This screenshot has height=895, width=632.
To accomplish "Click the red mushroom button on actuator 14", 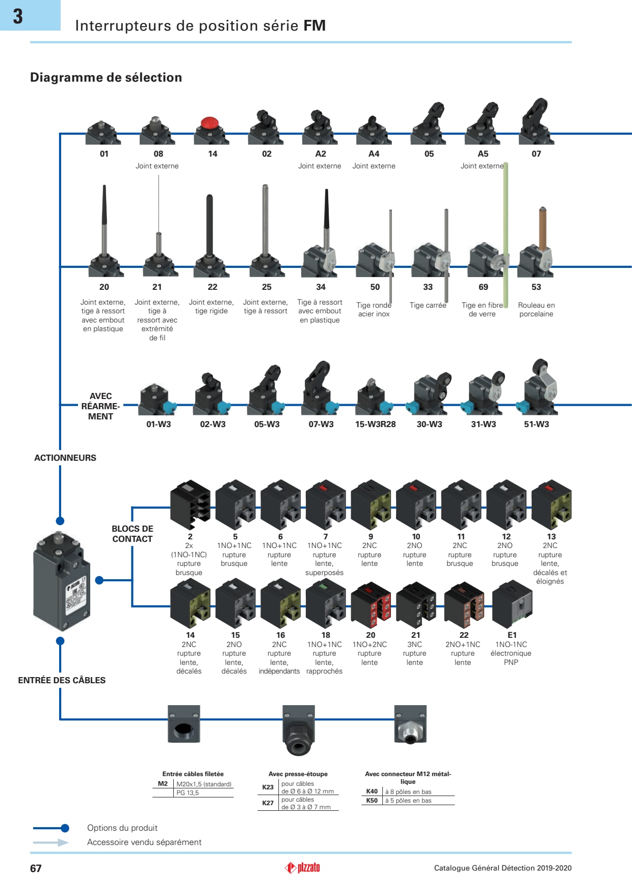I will (x=209, y=123).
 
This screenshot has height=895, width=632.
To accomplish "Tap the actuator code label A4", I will (x=374, y=154).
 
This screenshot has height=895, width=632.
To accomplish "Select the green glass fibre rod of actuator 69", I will (x=506, y=230).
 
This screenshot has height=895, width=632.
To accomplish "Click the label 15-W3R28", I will (x=375, y=425).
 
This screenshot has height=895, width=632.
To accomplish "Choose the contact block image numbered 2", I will (x=190, y=505).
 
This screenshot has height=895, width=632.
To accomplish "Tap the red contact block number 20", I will (x=371, y=605).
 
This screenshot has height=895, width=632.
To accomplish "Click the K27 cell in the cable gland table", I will (x=268, y=803).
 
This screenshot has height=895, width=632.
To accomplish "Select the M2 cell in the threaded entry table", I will (x=163, y=784).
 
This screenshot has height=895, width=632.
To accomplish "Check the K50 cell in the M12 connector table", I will (x=372, y=801).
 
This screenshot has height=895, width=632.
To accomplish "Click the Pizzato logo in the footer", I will (x=303, y=867).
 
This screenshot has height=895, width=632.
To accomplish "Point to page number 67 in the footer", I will (x=36, y=868).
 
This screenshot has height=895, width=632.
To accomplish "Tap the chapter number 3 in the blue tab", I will (x=18, y=16).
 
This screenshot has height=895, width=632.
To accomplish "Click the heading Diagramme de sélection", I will (x=106, y=78).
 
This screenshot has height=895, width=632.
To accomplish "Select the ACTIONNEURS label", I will (x=65, y=458).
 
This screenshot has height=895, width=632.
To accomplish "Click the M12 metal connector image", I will (x=410, y=725).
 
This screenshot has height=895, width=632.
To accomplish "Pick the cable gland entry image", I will (x=298, y=730).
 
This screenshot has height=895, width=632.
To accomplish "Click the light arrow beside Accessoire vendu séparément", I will (x=51, y=842).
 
